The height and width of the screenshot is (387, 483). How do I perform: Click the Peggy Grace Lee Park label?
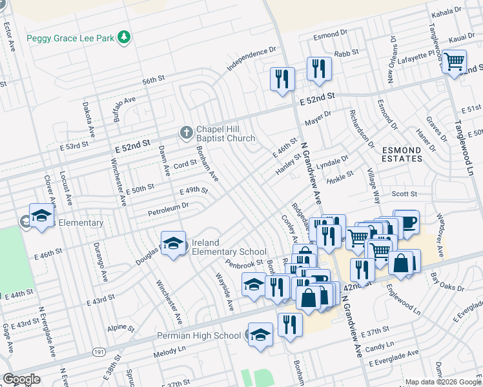click(x=70, y=38)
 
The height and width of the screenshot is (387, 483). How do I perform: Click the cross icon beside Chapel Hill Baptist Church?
click(x=186, y=133)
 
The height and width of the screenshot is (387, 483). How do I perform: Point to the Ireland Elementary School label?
click(x=229, y=247)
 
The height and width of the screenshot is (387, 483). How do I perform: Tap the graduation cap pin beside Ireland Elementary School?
click(x=173, y=244)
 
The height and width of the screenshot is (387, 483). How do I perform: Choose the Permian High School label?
click(x=199, y=335)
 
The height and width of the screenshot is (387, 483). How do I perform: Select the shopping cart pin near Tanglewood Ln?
click(x=455, y=63)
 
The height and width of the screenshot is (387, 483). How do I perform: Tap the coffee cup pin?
click(x=406, y=223)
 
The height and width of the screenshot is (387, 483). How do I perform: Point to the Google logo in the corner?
click(x=21, y=379)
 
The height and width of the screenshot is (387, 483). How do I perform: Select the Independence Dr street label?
click(x=251, y=58)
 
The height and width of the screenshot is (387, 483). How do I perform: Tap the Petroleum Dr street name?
click(x=167, y=208)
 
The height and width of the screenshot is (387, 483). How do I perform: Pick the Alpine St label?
click(x=121, y=327)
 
